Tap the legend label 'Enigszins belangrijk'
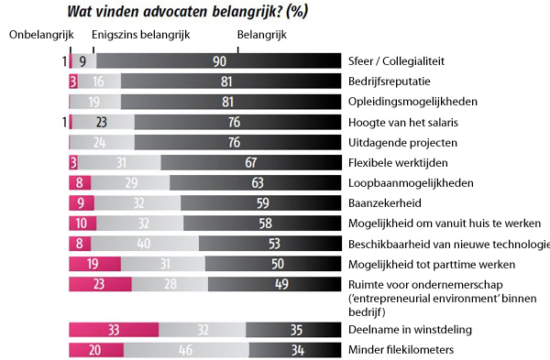(x=141, y=35)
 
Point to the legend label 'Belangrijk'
(x=262, y=35)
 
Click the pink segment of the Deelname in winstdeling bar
(x=114, y=330)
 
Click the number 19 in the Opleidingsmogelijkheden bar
(x=94, y=102)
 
